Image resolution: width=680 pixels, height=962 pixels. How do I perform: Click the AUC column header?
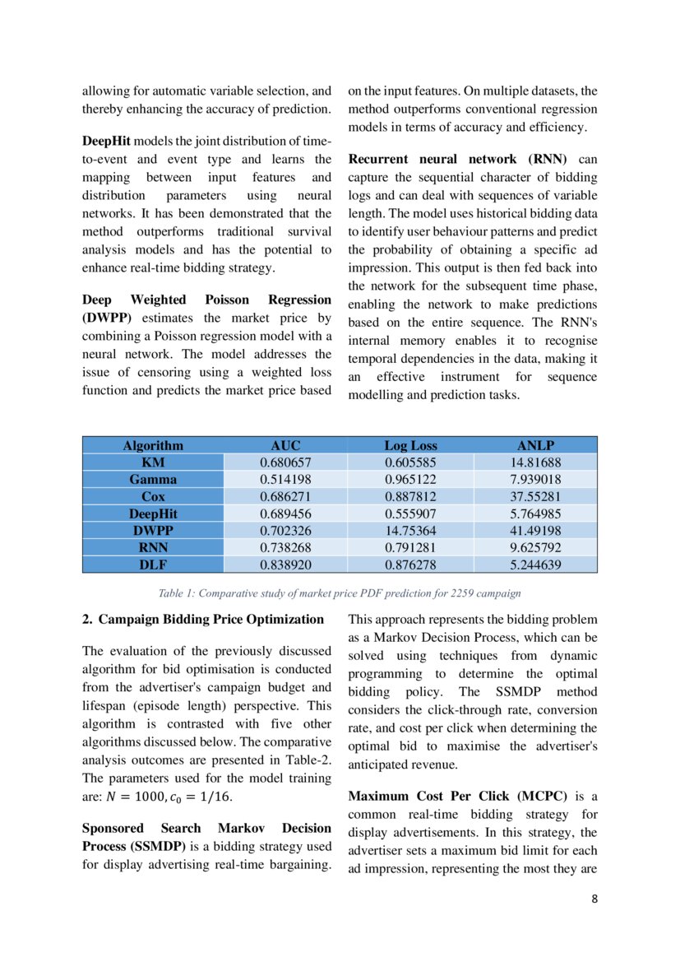click(285, 445)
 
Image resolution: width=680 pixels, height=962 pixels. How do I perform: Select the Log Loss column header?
click(410, 445)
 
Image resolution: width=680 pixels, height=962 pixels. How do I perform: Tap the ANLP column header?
click(535, 445)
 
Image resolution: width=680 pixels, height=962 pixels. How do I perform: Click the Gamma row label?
click(153, 479)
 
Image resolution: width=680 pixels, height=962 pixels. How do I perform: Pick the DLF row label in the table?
click(153, 565)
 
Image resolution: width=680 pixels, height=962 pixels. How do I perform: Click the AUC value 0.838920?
click(285, 565)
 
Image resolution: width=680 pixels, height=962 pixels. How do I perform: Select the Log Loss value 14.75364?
click(410, 531)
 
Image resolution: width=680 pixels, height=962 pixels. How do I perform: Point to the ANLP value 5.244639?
click(535, 565)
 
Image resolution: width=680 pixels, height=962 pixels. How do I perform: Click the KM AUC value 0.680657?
click(285, 462)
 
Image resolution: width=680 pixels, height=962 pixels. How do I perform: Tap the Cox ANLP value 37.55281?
click(535, 497)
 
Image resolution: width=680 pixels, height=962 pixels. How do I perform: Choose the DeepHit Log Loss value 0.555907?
click(410, 514)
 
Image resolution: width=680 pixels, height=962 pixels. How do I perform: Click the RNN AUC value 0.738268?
click(285, 548)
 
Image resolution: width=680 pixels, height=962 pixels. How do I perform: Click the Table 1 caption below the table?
click(340, 593)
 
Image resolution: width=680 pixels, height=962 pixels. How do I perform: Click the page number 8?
click(594, 899)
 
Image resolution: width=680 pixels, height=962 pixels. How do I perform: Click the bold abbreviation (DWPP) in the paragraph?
click(106, 318)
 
